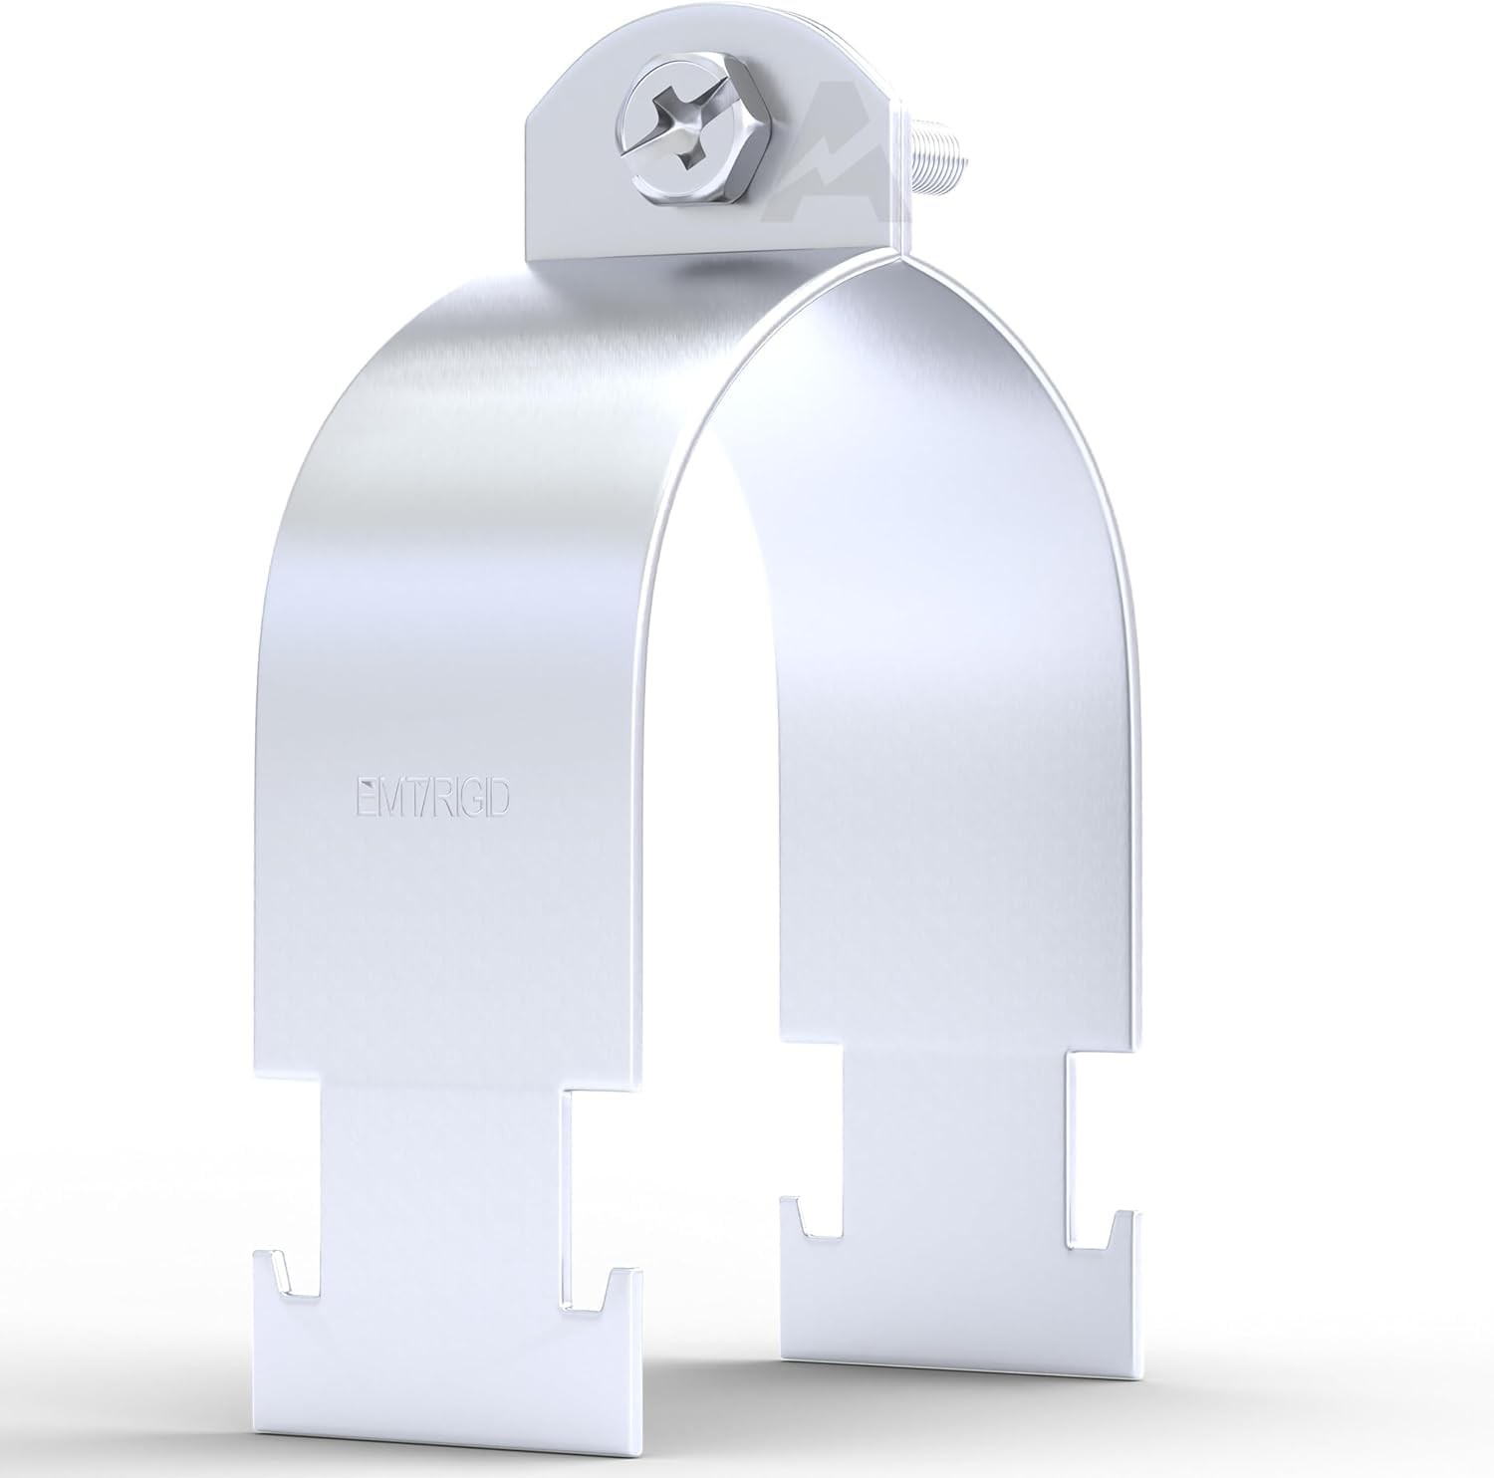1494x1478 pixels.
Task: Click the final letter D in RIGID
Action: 501,800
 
